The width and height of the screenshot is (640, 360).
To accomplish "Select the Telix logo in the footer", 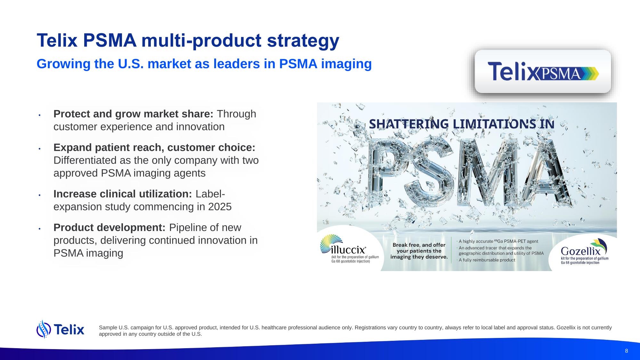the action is click(x=61, y=329).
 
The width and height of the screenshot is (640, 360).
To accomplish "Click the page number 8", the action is click(x=626, y=351).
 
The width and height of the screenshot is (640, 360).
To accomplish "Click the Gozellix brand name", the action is click(x=580, y=251).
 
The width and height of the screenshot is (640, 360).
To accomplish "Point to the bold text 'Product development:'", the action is click(x=109, y=228).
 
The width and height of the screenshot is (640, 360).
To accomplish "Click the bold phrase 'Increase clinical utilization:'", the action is click(x=123, y=194).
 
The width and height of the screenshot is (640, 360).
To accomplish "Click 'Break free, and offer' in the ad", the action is click(x=419, y=245).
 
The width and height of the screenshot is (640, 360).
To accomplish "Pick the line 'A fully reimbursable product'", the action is click(x=487, y=260).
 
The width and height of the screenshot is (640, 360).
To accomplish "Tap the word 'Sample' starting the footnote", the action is click(x=108, y=328).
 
